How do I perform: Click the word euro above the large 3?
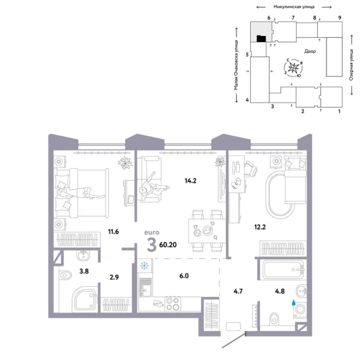point(152,230)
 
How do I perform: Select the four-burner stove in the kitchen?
point(172,303)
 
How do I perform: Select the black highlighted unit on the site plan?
point(261,39)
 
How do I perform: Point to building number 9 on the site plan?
point(340,19)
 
